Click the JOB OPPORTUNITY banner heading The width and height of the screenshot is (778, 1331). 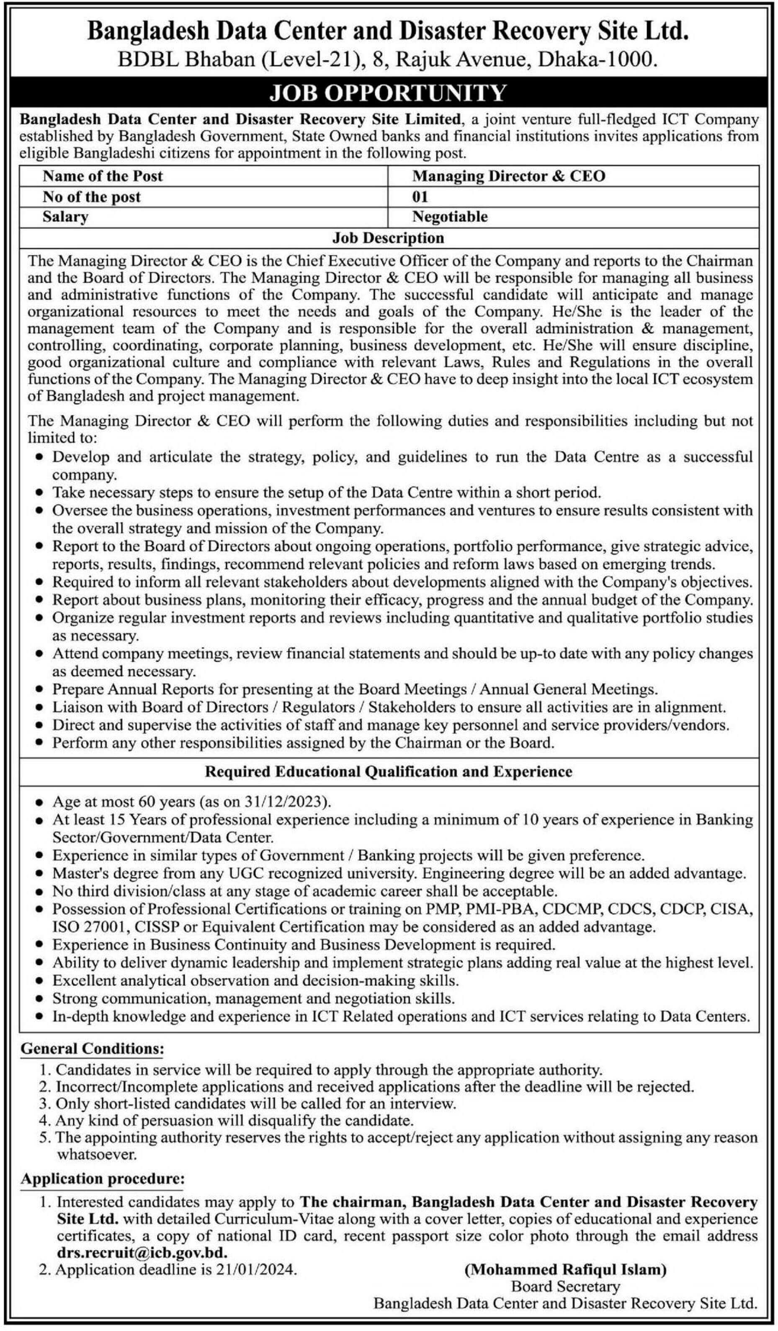[x=388, y=93]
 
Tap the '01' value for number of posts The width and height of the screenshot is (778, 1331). [x=420, y=197]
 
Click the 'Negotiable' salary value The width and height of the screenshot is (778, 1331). [x=449, y=217]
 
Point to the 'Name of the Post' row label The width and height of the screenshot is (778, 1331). [x=103, y=176]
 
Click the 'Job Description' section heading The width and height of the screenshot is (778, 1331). [x=388, y=238]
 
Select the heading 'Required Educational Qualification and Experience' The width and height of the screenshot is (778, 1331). [x=388, y=771]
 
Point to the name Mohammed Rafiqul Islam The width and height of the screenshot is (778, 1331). [x=565, y=1269]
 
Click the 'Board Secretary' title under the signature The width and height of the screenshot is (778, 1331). [x=565, y=1286]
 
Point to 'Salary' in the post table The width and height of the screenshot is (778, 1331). [x=65, y=217]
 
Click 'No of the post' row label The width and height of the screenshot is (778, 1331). [x=91, y=197]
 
